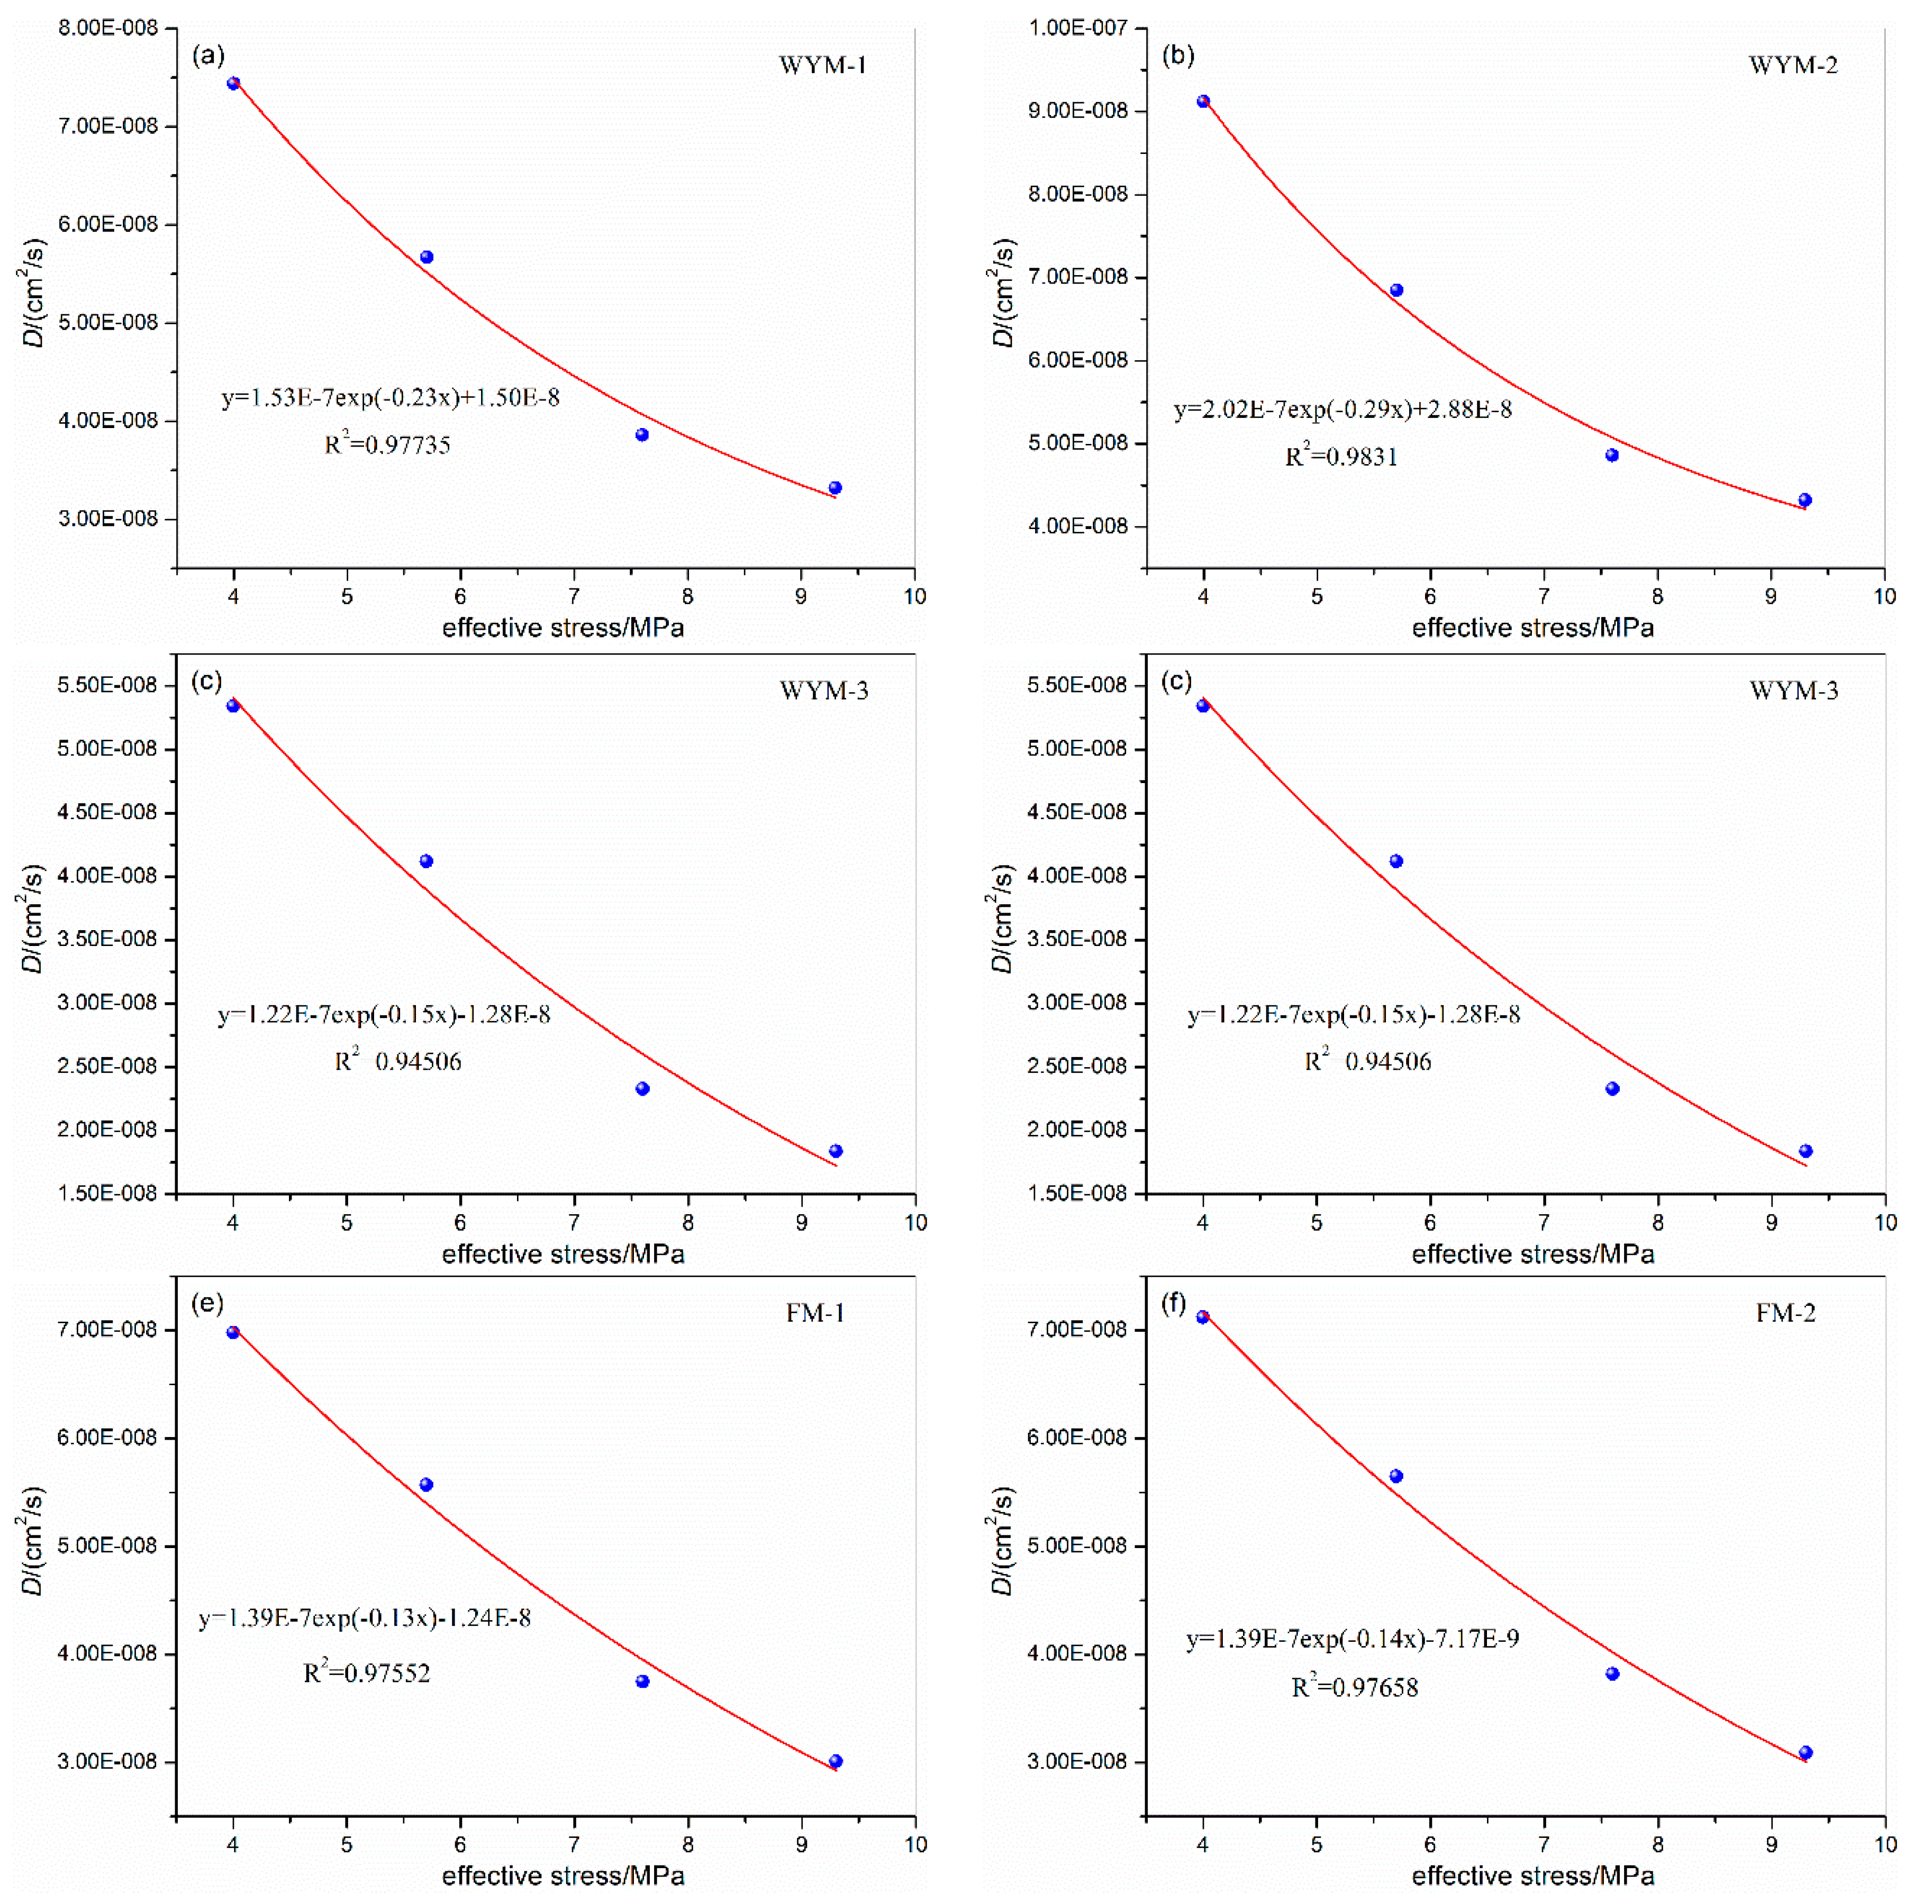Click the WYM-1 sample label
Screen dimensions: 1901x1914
[822, 66]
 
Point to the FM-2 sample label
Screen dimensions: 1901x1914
[1785, 1314]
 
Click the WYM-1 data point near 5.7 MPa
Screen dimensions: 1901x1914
[427, 258]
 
